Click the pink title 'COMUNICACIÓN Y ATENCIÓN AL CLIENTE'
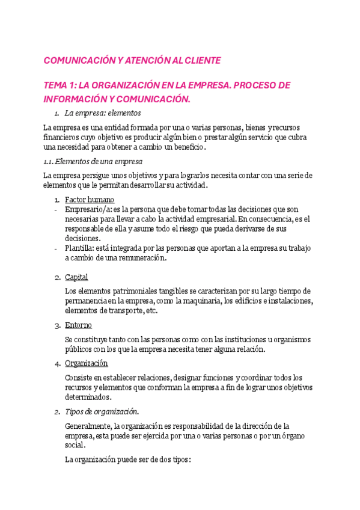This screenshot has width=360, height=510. tap(132, 61)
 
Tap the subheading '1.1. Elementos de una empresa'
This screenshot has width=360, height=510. tap(93, 161)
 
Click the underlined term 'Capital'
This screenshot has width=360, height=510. tap(76, 277)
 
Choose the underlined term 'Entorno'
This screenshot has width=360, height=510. tap(78, 325)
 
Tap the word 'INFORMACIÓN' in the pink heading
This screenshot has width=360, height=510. tap(74, 99)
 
